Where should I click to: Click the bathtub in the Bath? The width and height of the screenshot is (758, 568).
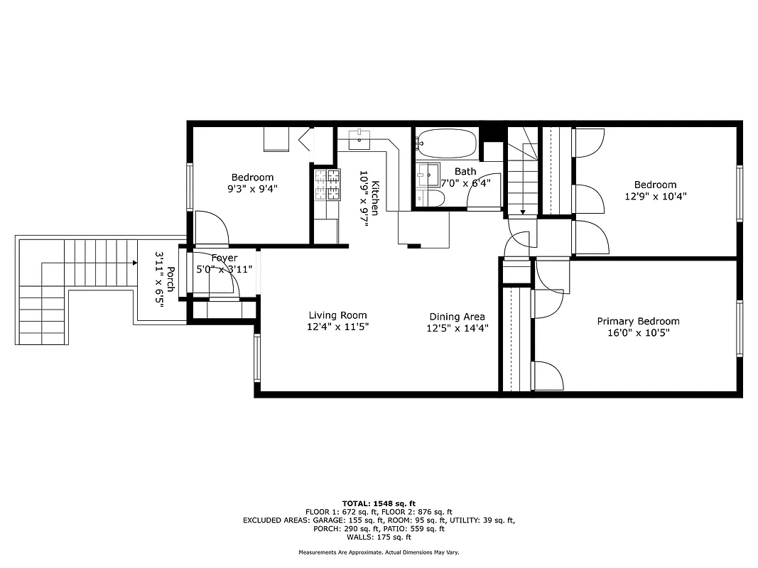[x=445, y=144]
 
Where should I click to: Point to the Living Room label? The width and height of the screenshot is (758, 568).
[x=337, y=315]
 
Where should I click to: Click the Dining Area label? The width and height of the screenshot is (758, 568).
[x=457, y=317]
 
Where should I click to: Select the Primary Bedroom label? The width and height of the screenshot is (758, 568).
[x=638, y=321]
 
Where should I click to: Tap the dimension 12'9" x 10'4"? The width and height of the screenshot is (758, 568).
[x=655, y=196]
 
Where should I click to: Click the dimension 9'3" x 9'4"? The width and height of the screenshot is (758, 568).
[x=252, y=189]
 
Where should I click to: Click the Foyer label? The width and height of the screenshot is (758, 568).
[x=224, y=258]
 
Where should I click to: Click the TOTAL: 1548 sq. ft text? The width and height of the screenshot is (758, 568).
[x=379, y=503]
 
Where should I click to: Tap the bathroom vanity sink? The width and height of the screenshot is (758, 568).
[x=428, y=173]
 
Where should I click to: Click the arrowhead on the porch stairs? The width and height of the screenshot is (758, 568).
[x=134, y=263]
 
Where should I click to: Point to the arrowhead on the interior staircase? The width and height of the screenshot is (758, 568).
[x=523, y=211]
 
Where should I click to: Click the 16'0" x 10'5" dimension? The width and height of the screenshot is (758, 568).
[x=638, y=332]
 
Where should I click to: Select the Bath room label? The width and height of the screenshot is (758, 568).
[x=465, y=171]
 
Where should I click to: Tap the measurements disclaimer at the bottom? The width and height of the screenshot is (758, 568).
[x=379, y=552]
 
